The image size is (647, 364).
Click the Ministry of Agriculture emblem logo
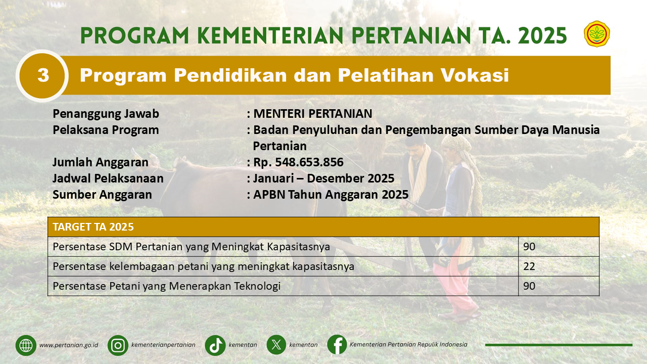pos(597,34)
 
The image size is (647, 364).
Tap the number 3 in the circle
pos(43,75)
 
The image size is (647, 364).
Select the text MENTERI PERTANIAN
pos(312,114)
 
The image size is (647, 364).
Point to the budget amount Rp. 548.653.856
pos(298,162)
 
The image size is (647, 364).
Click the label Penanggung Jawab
pos(106,114)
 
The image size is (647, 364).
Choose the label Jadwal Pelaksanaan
pos(108,178)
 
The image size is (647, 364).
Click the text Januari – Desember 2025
pos(324,178)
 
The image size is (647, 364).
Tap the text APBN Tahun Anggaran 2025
pos(331,195)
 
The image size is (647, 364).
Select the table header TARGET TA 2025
pos(93,227)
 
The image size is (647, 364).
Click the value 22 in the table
pos(529,266)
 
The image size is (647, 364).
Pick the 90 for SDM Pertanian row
pos(529,247)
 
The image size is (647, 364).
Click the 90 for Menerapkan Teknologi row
pos(529,286)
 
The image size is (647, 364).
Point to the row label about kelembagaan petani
pos(203,266)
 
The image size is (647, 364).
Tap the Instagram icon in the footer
pos(118,345)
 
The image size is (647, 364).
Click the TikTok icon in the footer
pos(215,345)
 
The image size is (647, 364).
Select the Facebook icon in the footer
pos(337,345)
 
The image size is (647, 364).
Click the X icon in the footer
pos(276,345)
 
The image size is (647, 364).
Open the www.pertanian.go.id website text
pos(69,345)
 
